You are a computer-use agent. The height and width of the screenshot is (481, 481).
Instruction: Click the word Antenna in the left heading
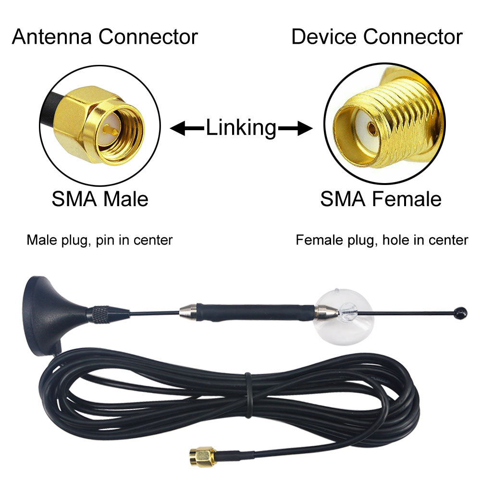(52, 37)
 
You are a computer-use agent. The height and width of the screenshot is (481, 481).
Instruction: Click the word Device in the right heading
(324, 37)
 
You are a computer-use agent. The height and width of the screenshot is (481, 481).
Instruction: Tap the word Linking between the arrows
(241, 128)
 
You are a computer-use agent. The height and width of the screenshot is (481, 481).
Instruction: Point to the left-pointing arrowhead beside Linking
(178, 128)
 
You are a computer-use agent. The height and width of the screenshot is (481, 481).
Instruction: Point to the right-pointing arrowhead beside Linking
(305, 128)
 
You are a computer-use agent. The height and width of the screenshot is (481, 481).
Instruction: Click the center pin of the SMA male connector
(110, 131)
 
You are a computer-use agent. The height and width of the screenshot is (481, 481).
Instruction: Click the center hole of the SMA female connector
(371, 129)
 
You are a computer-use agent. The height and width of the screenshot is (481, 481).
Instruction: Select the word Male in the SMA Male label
(126, 199)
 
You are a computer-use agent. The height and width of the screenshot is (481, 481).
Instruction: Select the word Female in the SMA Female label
(407, 199)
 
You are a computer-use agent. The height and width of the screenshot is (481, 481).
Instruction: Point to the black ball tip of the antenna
(461, 313)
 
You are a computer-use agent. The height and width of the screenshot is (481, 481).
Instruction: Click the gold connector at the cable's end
(202, 456)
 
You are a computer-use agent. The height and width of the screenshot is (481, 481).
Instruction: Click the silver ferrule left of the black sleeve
(188, 312)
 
